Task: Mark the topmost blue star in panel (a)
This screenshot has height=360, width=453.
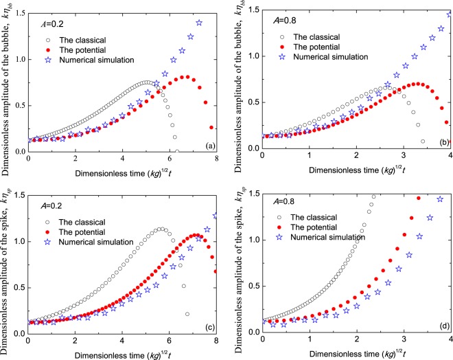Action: point(199,23)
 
